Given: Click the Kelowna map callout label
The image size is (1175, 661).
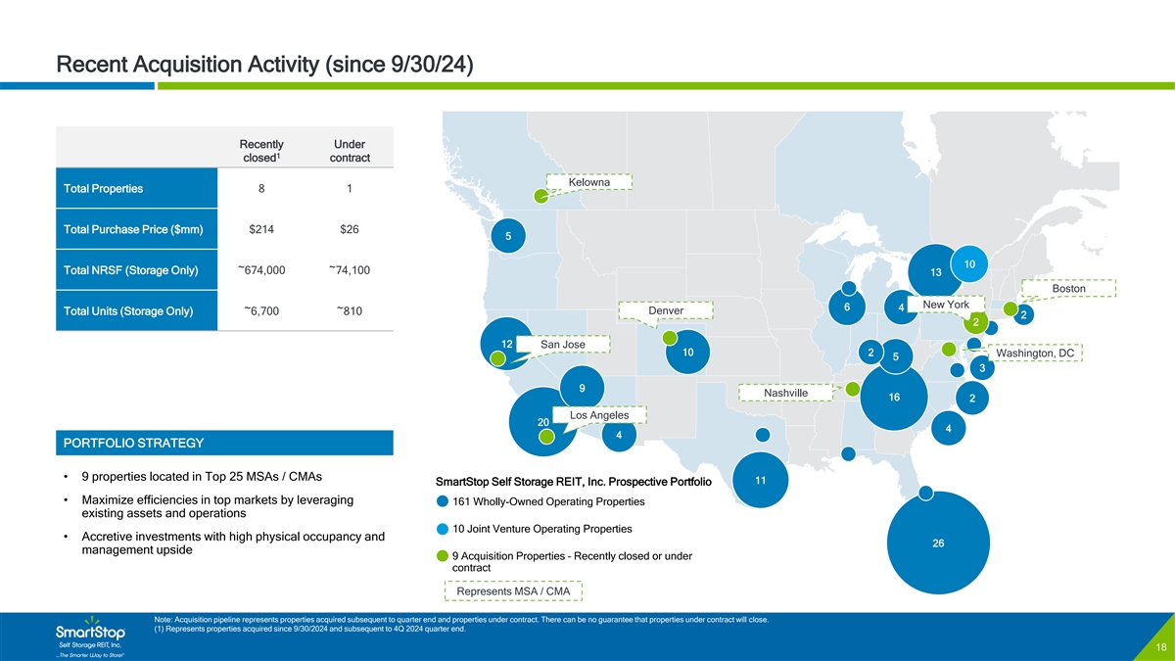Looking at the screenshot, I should point(589,183).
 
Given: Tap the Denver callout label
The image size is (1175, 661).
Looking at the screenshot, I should point(666,310).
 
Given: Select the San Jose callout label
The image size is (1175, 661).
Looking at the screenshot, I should point(562,345).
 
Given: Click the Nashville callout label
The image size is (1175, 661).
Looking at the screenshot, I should point(785,393).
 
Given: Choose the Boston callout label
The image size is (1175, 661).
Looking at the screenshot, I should point(1068,288).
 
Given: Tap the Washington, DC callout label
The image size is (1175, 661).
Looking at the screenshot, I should point(1034,354).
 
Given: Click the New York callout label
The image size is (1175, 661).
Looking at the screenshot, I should point(938,305).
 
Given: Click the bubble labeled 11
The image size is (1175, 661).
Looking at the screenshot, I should point(761,480).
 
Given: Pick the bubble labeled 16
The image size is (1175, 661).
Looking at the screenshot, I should point(893,398).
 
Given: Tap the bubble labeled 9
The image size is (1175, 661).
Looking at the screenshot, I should point(582,388).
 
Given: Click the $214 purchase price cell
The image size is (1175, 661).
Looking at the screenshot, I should point(261,230).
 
